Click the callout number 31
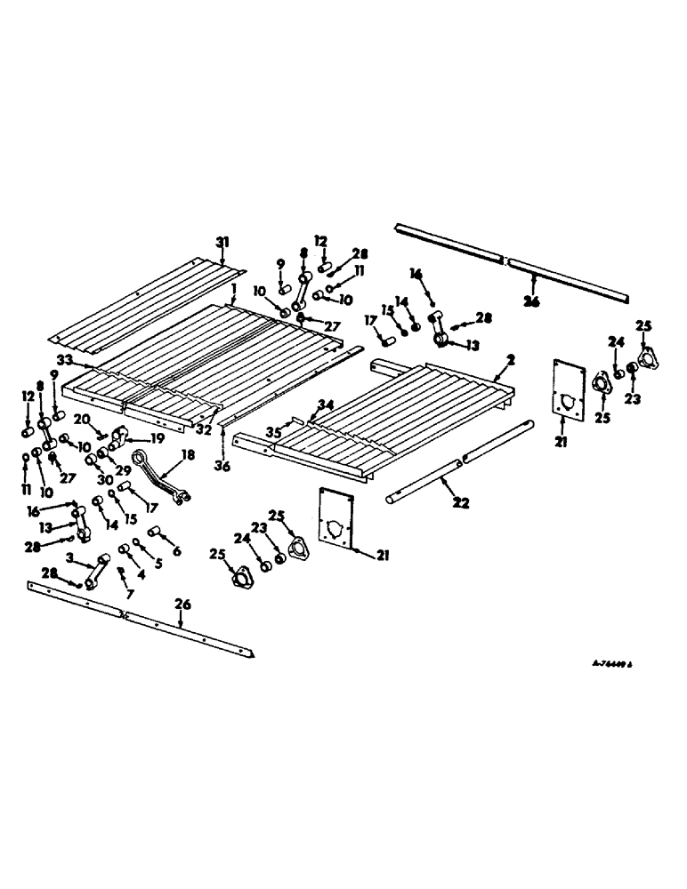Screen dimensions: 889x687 point(222,242)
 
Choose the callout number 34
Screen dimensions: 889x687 point(327,404)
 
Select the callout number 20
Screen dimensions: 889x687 point(82,420)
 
